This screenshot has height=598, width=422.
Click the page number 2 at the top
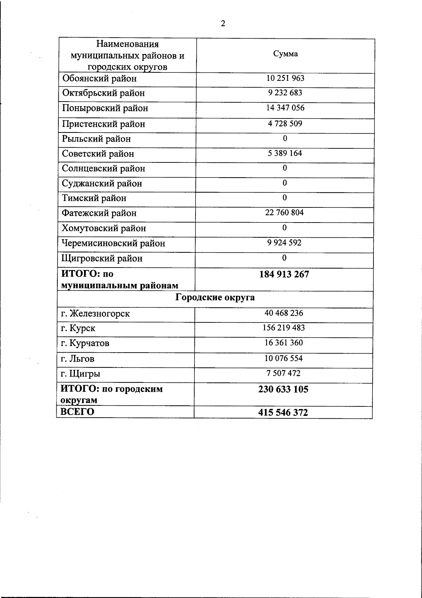(x=223, y=24)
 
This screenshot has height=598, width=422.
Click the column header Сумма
(x=285, y=54)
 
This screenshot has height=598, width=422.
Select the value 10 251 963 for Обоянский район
(x=285, y=78)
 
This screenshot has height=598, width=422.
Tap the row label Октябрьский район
(x=103, y=93)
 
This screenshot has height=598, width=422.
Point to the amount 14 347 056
(x=285, y=108)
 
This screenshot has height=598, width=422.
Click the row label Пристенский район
(x=103, y=124)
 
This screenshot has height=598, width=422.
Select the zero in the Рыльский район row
(x=285, y=139)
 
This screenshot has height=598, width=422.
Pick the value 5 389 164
(x=285, y=153)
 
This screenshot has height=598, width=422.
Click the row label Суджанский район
(x=102, y=183)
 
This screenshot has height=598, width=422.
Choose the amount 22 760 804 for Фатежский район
(x=284, y=212)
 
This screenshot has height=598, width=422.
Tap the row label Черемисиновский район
(x=113, y=243)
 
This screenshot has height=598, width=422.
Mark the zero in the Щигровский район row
(x=284, y=258)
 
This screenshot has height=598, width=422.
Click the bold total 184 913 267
(x=284, y=274)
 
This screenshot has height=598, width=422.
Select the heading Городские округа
(x=215, y=298)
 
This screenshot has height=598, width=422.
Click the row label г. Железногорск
(x=95, y=313)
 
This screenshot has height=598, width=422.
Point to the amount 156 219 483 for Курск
(x=284, y=328)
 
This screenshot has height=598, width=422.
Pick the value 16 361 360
(x=284, y=343)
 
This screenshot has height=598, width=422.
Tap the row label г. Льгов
(x=77, y=359)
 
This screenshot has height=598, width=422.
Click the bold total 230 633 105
(x=283, y=389)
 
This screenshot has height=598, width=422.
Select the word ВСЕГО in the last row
(x=77, y=412)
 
